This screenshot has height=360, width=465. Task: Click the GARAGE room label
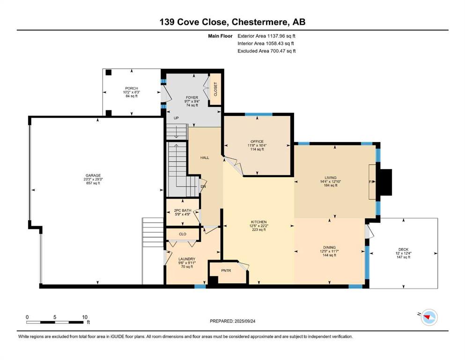click(93, 175)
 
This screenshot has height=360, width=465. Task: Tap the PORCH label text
click(132, 89)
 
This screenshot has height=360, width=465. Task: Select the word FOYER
click(192, 97)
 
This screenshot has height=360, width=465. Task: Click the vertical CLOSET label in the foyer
click(215, 89)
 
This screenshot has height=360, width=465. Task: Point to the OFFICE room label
click(257, 142)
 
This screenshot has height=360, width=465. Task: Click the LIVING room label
click(330, 178)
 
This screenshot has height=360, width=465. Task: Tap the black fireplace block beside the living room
click(386, 182)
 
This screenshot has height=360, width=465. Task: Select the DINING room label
click(330, 247)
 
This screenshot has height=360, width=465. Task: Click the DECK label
click(403, 249)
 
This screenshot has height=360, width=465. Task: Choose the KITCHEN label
click(259, 222)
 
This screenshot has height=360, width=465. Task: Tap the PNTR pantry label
click(226, 270)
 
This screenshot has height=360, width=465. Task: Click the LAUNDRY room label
click(187, 259)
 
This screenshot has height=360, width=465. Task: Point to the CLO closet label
click(183, 234)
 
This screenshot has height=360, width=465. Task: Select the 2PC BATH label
click(183, 210)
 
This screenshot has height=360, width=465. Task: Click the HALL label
click(205, 157)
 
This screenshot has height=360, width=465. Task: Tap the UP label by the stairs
click(176, 118)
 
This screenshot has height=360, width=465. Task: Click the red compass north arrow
click(427, 317)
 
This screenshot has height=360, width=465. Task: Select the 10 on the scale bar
click(85, 317)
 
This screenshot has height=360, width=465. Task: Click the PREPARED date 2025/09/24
click(244, 321)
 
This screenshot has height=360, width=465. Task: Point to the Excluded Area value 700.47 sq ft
click(283, 51)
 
